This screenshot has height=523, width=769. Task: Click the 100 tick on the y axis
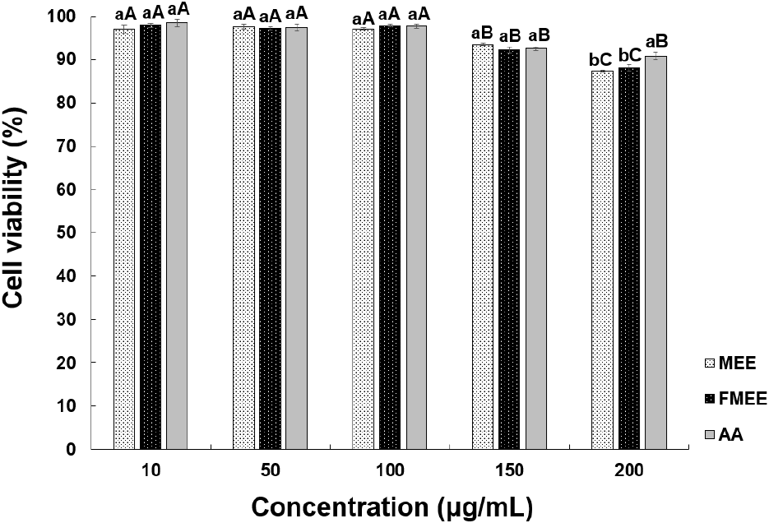pos(70,16)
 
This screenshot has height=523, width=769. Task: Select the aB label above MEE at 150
pos(482,34)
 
